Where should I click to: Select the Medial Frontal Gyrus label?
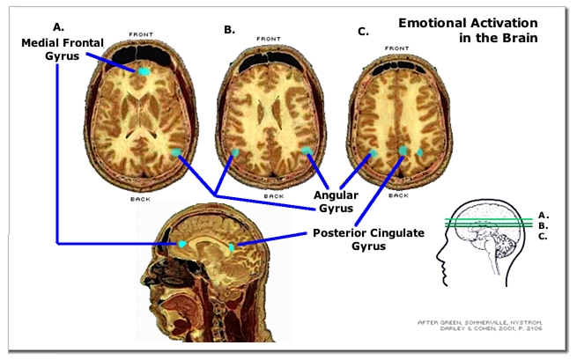pyautogui.click(x=56, y=49)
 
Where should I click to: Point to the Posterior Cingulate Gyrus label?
pyautogui.click(x=367, y=239)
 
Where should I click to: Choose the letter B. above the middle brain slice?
pyautogui.click(x=229, y=29)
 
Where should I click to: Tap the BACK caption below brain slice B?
pyautogui.click(x=273, y=195)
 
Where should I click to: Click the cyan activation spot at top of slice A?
pyautogui.click(x=143, y=70)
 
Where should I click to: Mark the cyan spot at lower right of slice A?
pyautogui.click(x=176, y=153)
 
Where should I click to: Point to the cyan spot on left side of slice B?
pyautogui.click(x=234, y=152)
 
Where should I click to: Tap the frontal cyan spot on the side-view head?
pyautogui.click(x=182, y=242)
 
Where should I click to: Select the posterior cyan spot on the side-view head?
pyautogui.click(x=232, y=247)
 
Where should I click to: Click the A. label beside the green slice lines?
pyautogui.click(x=543, y=215)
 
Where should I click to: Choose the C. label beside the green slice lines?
pyautogui.click(x=543, y=237)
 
